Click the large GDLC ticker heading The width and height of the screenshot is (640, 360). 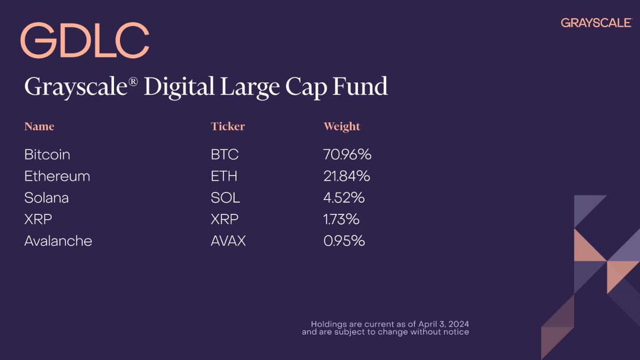pos(84,41)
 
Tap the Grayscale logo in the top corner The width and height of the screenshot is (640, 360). pos(596,22)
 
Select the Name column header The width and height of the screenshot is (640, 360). pos(39,126)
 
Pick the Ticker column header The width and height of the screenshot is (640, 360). pos(228,126)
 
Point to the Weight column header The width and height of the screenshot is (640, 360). pos(342,126)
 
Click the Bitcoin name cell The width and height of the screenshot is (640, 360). pos(47,155)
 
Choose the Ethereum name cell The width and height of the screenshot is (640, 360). pos(57,176)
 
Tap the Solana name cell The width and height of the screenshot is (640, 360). pos(46,198)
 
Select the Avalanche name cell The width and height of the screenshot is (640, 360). pos(58,241)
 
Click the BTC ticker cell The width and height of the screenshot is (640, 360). pos(225,155)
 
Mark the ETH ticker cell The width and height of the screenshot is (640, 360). pos(224,176)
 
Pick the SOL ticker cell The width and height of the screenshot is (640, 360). pos(225,198)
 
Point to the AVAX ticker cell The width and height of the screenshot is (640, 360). pos(228,241)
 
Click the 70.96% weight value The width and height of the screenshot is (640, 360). pos(347,155)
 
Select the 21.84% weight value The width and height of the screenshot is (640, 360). pos(346,176)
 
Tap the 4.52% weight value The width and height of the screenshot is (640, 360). pos(344,198)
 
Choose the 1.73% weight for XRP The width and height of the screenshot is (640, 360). pos(342,219)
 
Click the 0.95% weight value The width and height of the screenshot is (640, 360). pos(344,241)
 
